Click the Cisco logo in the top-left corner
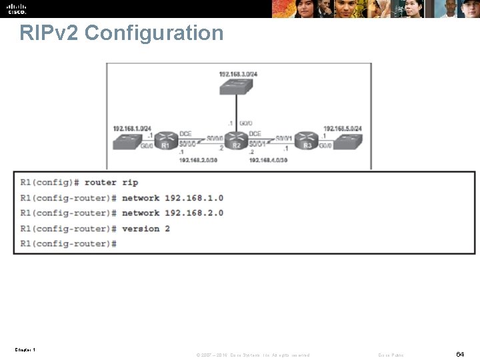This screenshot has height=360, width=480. click(17, 9)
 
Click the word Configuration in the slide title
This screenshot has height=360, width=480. click(155, 33)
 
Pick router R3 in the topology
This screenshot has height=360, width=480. click(307, 142)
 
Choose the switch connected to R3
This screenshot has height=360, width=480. click(347, 141)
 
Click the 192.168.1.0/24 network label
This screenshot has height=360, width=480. click(132, 128)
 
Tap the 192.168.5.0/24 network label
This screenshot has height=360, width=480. click(342, 128)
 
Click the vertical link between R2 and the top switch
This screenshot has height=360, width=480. click(237, 110)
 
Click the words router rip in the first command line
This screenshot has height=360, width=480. click(111, 182)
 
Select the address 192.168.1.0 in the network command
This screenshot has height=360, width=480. click(194, 198)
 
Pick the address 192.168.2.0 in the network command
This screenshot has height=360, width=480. click(194, 213)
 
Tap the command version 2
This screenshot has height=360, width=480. click(146, 229)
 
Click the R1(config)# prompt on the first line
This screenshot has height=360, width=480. click(50, 182)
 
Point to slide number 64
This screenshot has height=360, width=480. click(460, 354)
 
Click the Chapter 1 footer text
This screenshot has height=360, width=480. click(25, 349)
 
